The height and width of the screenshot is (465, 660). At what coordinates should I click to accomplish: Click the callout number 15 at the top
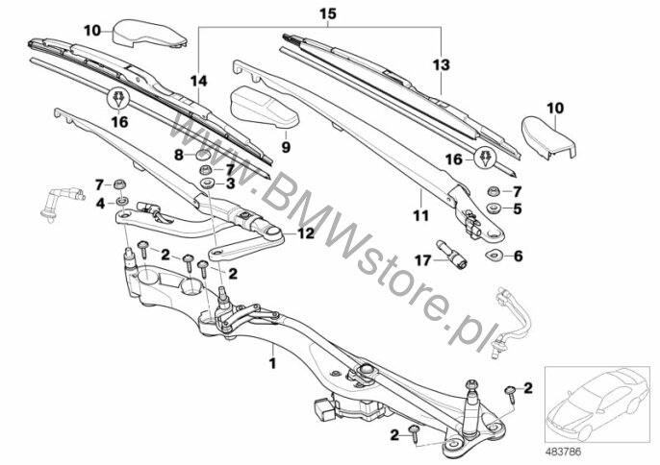click(328, 13)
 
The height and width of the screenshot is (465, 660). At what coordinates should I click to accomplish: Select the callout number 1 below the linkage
click(273, 363)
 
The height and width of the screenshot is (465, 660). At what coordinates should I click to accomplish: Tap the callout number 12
click(306, 233)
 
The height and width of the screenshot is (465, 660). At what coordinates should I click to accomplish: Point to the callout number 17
click(423, 260)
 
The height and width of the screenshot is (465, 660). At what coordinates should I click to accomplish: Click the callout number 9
click(286, 147)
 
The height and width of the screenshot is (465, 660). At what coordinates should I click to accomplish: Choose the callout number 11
click(421, 215)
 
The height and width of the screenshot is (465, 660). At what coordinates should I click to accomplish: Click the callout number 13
click(441, 64)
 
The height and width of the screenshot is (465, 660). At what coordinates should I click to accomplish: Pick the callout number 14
click(198, 81)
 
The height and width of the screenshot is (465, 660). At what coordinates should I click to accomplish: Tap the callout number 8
click(179, 155)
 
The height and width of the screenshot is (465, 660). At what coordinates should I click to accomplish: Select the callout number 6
click(519, 256)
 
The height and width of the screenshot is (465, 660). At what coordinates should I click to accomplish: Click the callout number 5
click(518, 208)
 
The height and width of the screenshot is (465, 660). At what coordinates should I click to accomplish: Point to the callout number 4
click(100, 204)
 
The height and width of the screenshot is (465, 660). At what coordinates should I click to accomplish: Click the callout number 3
click(230, 184)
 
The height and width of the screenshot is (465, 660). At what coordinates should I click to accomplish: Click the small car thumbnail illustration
click(597, 404)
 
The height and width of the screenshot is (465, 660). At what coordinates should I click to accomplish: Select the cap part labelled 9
click(265, 107)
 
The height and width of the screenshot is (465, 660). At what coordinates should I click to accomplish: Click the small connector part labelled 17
click(451, 253)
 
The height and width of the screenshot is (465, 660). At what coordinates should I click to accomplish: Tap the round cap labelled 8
click(203, 155)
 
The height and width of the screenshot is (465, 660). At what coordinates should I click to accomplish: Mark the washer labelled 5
click(493, 208)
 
